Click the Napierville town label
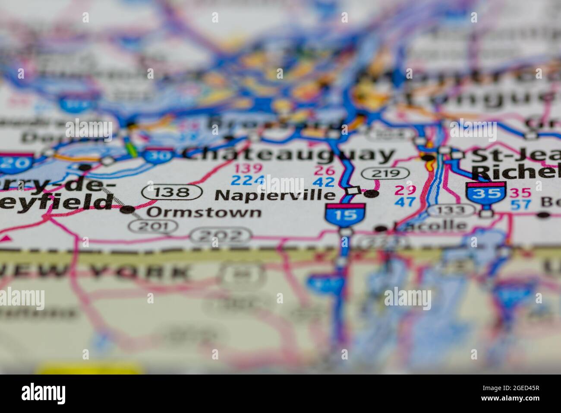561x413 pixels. (x=275, y=195)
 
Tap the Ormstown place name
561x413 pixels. (x=204, y=212)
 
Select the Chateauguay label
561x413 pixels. (x=288, y=154)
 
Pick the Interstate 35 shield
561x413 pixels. (x=485, y=193)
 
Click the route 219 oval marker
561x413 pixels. (x=385, y=173)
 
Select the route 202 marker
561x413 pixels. (x=221, y=235)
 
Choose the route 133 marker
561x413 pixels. (x=451, y=210)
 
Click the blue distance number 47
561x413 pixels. (x=405, y=202)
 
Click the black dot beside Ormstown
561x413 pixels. (x=127, y=210)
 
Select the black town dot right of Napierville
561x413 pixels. (x=370, y=194)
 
